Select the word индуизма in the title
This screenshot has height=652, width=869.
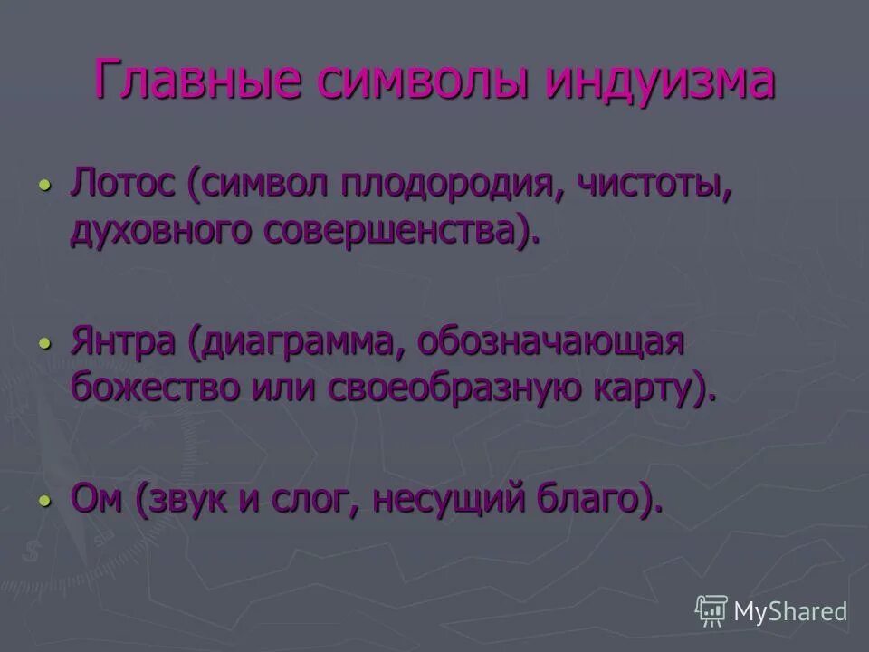click(x=661, y=80)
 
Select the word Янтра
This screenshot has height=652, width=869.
click(x=126, y=344)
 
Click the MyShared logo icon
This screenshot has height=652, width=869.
click(x=711, y=611)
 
